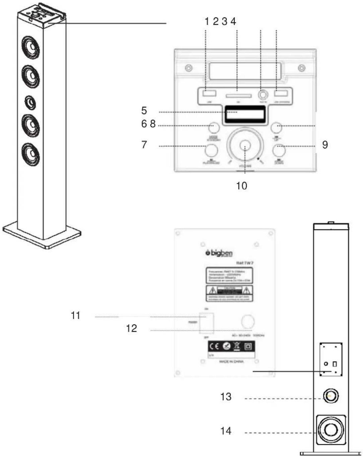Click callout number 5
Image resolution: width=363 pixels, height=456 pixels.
point(144,110)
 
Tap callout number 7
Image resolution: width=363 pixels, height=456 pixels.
point(144,145)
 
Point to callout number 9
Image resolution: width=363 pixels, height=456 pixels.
point(325,145)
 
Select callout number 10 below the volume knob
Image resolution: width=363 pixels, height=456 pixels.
point(241,186)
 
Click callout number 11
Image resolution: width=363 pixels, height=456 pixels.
point(76,315)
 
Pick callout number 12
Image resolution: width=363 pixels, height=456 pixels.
point(132,328)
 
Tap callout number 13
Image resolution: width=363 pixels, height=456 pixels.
point(226,397)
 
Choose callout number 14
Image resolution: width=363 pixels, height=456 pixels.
point(226,431)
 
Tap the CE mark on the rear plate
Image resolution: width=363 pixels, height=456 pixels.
point(214,346)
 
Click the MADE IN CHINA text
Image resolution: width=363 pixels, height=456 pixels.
point(231,362)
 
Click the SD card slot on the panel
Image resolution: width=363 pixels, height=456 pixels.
point(238,96)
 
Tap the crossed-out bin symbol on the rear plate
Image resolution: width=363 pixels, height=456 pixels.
point(237,346)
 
